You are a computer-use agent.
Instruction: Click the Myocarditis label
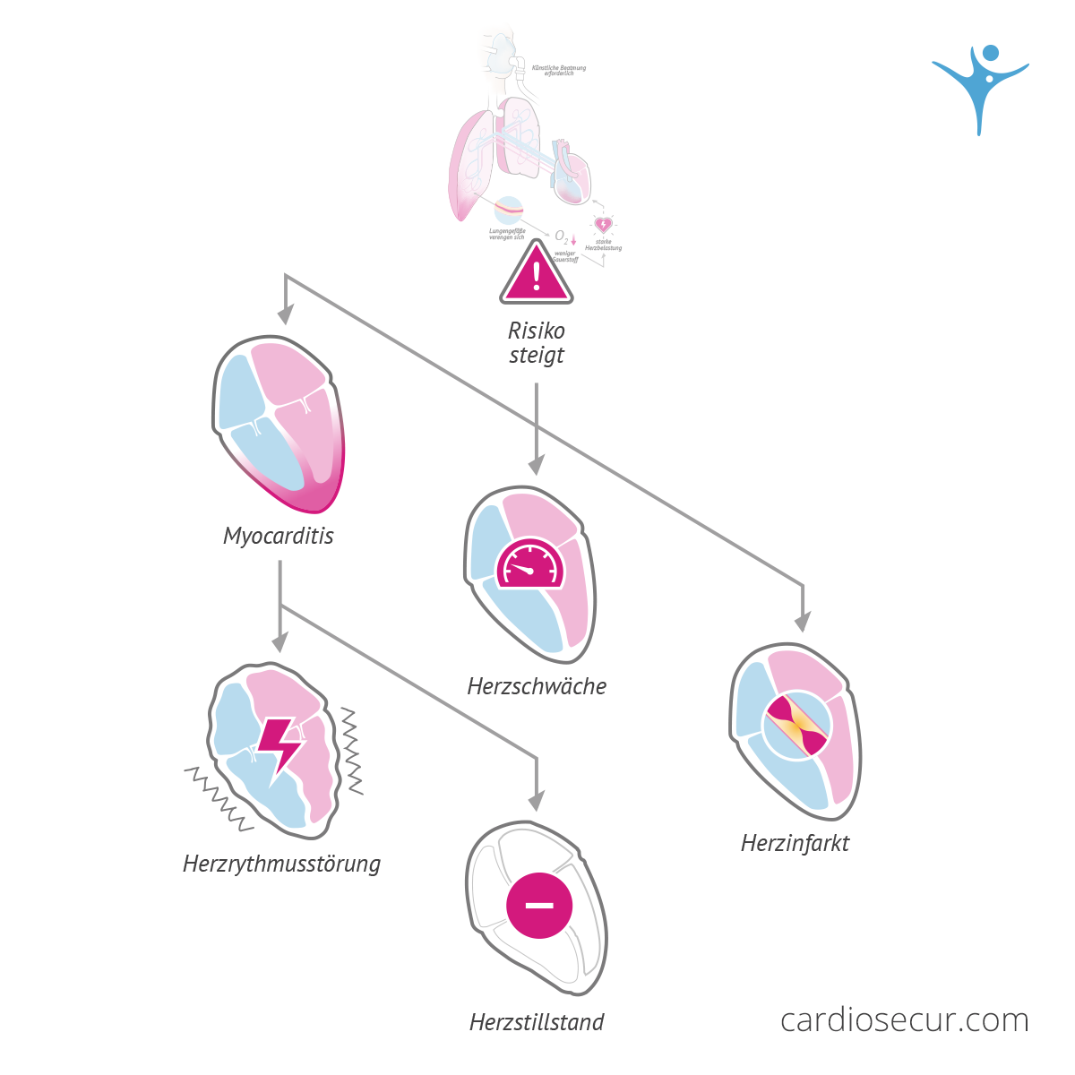(x=278, y=536)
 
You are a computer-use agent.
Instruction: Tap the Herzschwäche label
(x=537, y=686)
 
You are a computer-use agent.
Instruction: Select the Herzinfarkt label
(x=795, y=843)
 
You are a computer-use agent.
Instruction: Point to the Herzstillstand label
(x=537, y=1022)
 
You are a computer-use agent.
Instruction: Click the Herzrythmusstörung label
(x=281, y=864)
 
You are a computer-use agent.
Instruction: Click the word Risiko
(x=537, y=331)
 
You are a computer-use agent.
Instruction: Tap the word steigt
(x=537, y=356)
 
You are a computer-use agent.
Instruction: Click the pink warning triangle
(x=537, y=275)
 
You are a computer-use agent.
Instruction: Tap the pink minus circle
(x=539, y=905)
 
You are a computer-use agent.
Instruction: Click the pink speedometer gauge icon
(x=529, y=564)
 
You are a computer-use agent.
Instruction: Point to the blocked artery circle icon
(x=796, y=727)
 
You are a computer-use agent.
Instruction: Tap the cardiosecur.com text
(x=904, y=1019)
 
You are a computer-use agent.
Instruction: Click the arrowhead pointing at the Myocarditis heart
(x=286, y=314)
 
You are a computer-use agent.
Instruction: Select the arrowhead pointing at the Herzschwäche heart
(x=536, y=465)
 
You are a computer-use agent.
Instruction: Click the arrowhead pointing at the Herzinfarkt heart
(x=803, y=622)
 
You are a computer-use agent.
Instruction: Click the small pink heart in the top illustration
(x=604, y=224)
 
